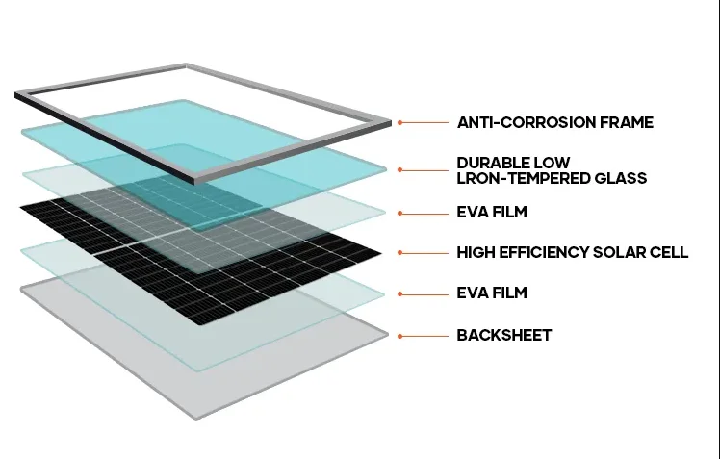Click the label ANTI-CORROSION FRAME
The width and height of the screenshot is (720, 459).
point(554,123)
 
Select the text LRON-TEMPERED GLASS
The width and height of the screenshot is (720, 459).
point(552,178)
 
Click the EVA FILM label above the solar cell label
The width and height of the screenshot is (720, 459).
point(492,212)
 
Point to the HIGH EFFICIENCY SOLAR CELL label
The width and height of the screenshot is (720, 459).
point(572,252)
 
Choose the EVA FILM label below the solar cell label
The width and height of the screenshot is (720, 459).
point(492,293)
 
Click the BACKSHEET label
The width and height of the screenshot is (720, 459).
point(504,335)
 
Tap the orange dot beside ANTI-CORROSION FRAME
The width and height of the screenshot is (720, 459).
point(400,123)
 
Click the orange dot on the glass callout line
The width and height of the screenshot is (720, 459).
point(400,170)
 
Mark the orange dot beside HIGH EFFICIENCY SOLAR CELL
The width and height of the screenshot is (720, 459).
point(400,252)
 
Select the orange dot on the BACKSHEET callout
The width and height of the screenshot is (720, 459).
point(400,335)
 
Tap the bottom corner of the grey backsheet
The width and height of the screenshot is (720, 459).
point(198,417)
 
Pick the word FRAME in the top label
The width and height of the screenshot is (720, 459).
point(626,123)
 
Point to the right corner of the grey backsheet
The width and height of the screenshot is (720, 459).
point(388,335)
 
